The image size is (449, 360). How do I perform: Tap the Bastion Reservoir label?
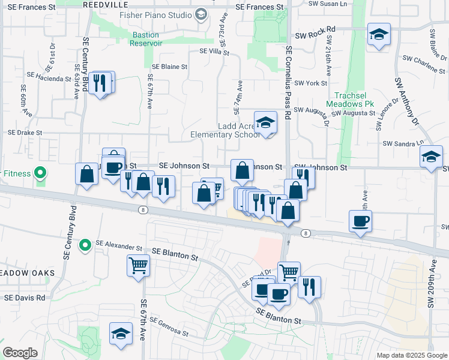(x=147, y=39)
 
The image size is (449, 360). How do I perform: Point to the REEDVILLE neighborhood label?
(x=101, y=4)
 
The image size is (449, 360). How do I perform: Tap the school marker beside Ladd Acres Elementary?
(x=265, y=123)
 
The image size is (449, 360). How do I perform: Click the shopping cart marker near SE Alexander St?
(x=139, y=264)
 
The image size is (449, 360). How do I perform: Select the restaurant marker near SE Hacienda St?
(x=100, y=83)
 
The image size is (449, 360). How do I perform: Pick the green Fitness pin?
(x=40, y=174)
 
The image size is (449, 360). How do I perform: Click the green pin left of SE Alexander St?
(x=85, y=245)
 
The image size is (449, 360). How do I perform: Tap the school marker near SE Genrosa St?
(x=121, y=334)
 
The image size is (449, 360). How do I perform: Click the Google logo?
(x=20, y=353)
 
